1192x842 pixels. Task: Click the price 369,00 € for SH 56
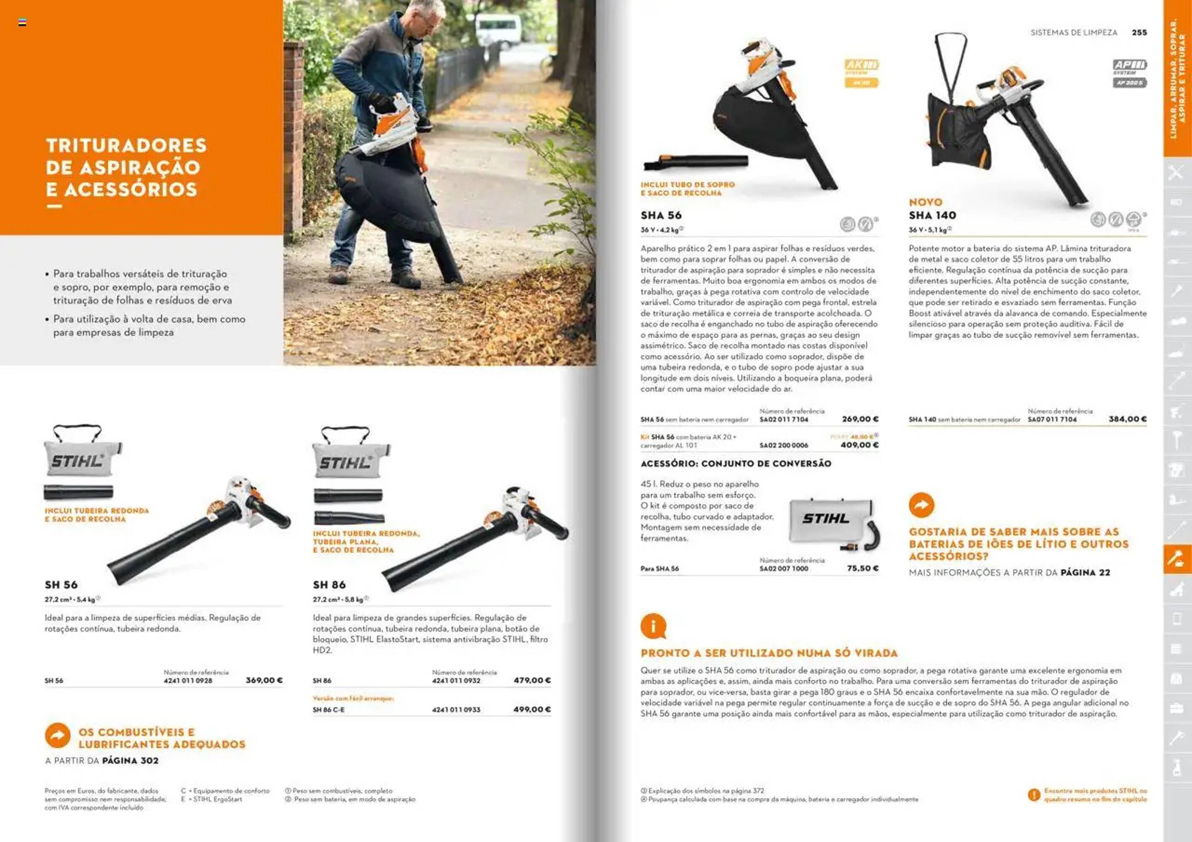(x=264, y=680)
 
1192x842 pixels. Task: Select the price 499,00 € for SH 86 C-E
(x=532, y=709)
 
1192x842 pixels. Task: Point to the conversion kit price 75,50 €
(x=863, y=568)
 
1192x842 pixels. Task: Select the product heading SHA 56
(x=661, y=215)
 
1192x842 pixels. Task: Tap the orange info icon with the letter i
(x=653, y=626)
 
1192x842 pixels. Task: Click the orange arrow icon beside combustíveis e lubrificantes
(x=58, y=735)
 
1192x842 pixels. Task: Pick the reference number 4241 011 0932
(x=456, y=681)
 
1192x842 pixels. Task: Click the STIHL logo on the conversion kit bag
(x=825, y=518)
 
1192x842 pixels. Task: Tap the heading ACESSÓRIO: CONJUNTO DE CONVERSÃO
(x=736, y=463)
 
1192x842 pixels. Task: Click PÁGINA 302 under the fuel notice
(x=130, y=761)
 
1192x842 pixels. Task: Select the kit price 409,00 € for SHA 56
(x=859, y=445)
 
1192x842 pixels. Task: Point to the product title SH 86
(x=329, y=585)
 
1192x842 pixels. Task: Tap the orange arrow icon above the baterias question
(x=921, y=505)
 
